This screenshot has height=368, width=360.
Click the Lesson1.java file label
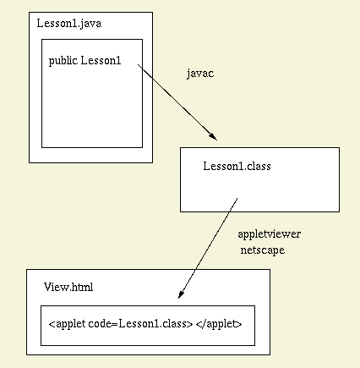(69, 24)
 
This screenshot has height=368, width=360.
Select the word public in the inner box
(63, 61)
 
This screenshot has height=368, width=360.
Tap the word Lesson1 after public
(101, 60)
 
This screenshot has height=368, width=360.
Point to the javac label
(200, 74)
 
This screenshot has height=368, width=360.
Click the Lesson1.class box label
(237, 166)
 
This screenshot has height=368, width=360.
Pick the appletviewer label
(270, 234)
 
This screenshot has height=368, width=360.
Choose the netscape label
(263, 250)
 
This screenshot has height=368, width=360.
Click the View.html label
(68, 287)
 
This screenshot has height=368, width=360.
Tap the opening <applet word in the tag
(67, 323)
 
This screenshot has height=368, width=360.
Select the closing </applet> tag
(219, 323)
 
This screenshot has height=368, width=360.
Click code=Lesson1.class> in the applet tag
(140, 323)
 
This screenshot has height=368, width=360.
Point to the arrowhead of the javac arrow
(213, 136)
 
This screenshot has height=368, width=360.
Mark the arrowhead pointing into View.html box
(181, 294)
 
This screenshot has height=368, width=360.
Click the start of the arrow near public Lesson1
(138, 64)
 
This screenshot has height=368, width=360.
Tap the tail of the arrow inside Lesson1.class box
(237, 199)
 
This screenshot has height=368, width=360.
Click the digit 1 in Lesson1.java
(75, 24)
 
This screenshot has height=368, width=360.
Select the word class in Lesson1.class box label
(259, 166)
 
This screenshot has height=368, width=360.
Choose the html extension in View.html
(83, 287)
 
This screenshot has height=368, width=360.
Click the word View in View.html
(57, 287)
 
